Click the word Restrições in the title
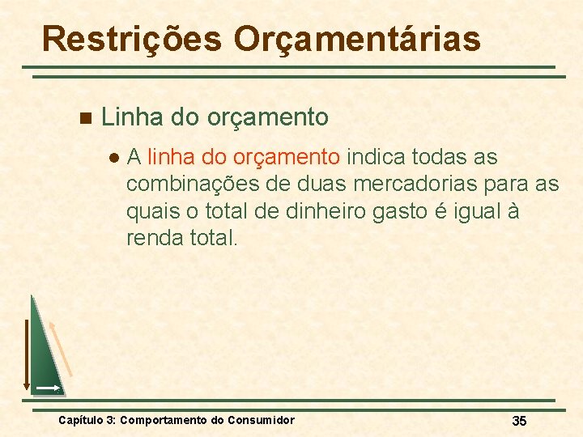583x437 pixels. pos(130,37)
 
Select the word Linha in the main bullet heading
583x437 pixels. pos(132,117)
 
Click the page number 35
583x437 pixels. pos(520,420)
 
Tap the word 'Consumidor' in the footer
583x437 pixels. pos(261,420)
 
